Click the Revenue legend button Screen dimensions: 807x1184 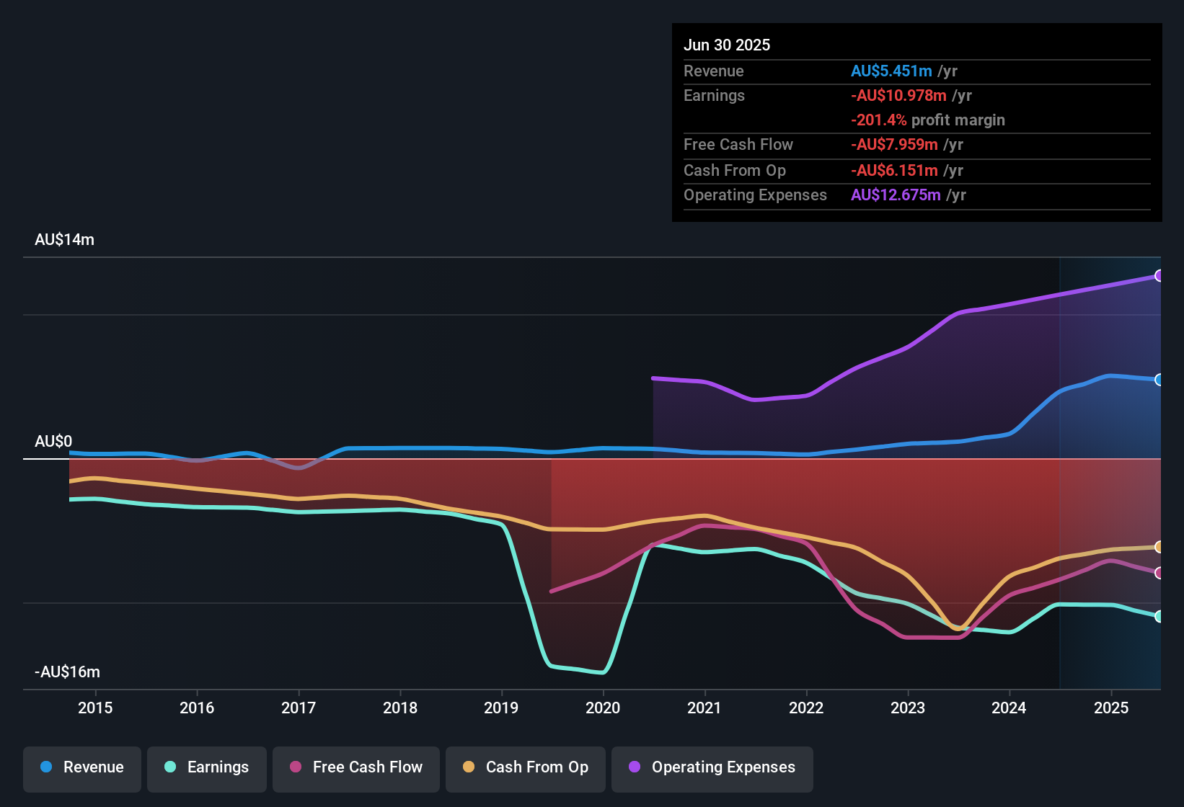(x=82, y=767)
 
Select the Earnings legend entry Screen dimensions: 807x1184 (x=207, y=767)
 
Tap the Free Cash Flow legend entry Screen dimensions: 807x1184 (x=356, y=767)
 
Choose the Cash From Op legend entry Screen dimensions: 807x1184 (x=526, y=767)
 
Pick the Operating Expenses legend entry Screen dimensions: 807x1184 (x=712, y=767)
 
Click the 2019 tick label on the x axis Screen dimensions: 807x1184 (x=501, y=708)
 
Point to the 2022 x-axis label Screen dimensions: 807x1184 (x=806, y=708)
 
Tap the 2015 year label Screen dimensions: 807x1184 (x=95, y=708)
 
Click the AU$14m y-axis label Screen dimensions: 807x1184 (x=64, y=240)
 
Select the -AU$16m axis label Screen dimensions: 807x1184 (x=67, y=672)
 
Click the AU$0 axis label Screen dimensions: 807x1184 (x=53, y=442)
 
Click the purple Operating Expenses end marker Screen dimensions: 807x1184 (x=1159, y=276)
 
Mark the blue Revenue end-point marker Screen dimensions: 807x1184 (x=1159, y=380)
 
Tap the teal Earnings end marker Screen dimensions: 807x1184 (x=1159, y=616)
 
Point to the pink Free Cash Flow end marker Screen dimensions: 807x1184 (x=1159, y=573)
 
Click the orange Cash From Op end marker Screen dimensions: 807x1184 (x=1159, y=547)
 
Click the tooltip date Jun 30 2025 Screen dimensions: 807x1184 (x=727, y=45)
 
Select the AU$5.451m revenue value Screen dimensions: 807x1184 (x=891, y=71)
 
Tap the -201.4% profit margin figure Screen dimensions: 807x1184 (x=878, y=120)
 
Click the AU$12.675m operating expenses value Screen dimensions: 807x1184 (x=896, y=195)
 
